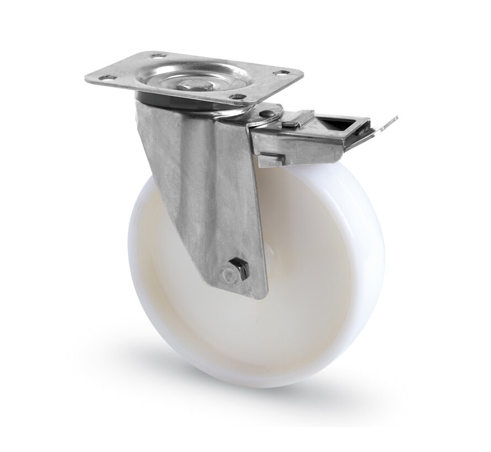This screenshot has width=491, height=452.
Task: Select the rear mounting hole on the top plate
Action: point(156,56)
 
